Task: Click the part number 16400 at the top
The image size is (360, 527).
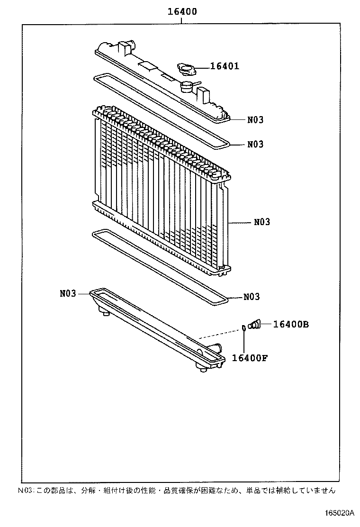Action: point(182,11)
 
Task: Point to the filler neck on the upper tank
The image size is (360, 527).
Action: point(187,87)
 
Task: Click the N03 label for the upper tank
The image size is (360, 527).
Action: point(255,120)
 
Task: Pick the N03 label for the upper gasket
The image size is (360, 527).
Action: point(255,144)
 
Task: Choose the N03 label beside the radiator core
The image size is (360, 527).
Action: point(261,222)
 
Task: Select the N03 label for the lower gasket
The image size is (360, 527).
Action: point(252,297)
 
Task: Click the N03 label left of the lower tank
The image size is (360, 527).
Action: point(68,293)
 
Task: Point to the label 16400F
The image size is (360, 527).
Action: point(250,357)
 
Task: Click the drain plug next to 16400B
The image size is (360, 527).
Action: point(255,324)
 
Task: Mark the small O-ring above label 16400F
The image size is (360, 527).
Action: point(243,327)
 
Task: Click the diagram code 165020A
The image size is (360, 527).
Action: point(339,513)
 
